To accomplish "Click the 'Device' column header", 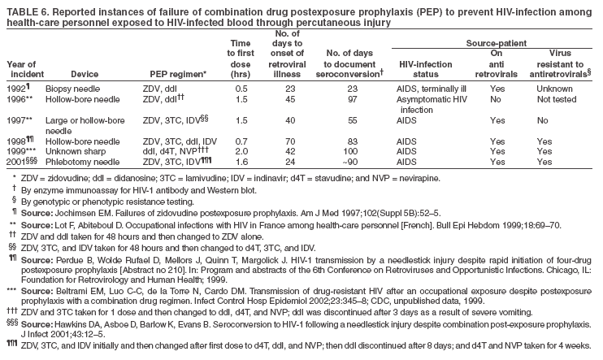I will tap(85, 74).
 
